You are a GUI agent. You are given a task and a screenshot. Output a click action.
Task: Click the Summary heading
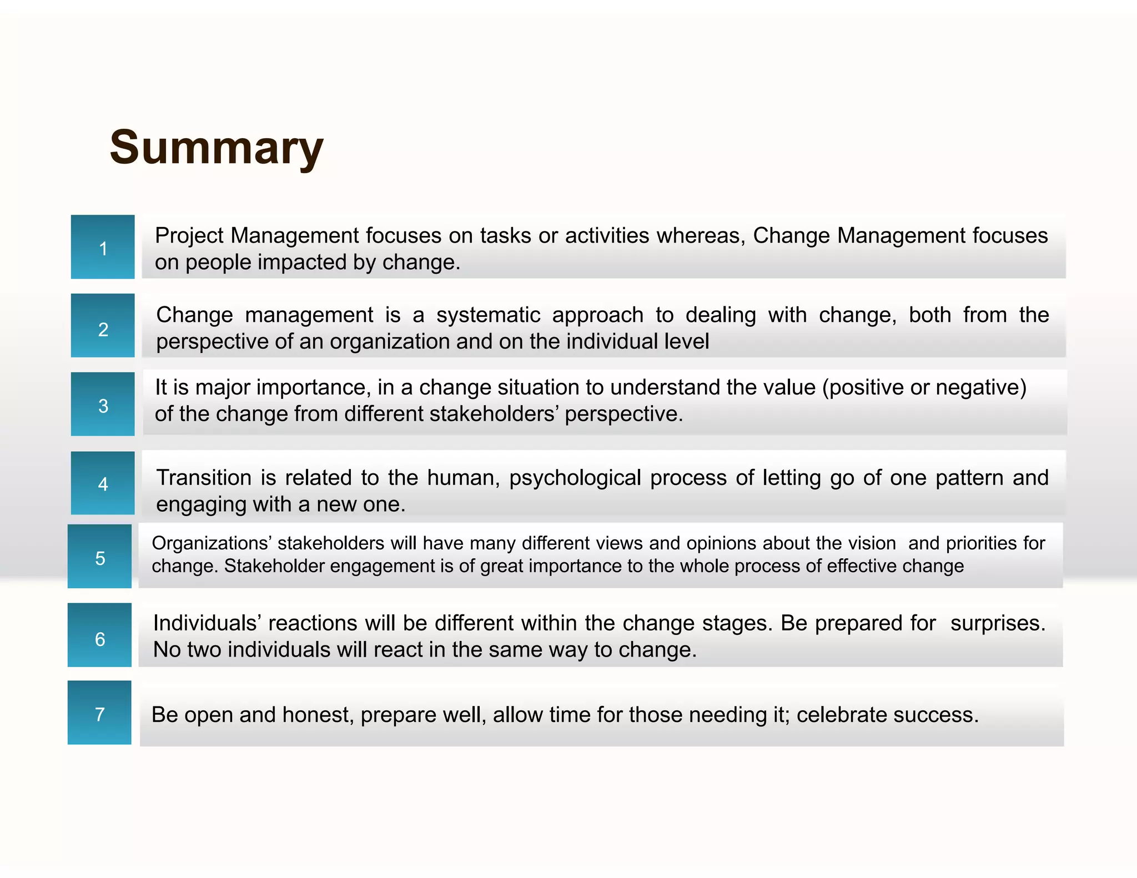(217, 148)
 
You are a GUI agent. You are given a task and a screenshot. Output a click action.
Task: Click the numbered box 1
(103, 247)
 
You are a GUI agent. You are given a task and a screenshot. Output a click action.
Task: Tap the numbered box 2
(103, 326)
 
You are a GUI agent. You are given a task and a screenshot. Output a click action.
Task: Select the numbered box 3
(103, 404)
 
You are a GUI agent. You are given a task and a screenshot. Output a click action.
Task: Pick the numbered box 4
(103, 483)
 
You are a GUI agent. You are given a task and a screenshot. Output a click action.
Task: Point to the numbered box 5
(99, 556)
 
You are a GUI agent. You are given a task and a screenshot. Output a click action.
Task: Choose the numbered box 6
(99, 635)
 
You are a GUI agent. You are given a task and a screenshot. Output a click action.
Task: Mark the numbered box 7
(99, 713)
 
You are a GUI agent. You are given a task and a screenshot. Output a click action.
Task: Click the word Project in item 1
(189, 236)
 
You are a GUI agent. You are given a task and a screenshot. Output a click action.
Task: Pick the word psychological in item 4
(575, 478)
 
